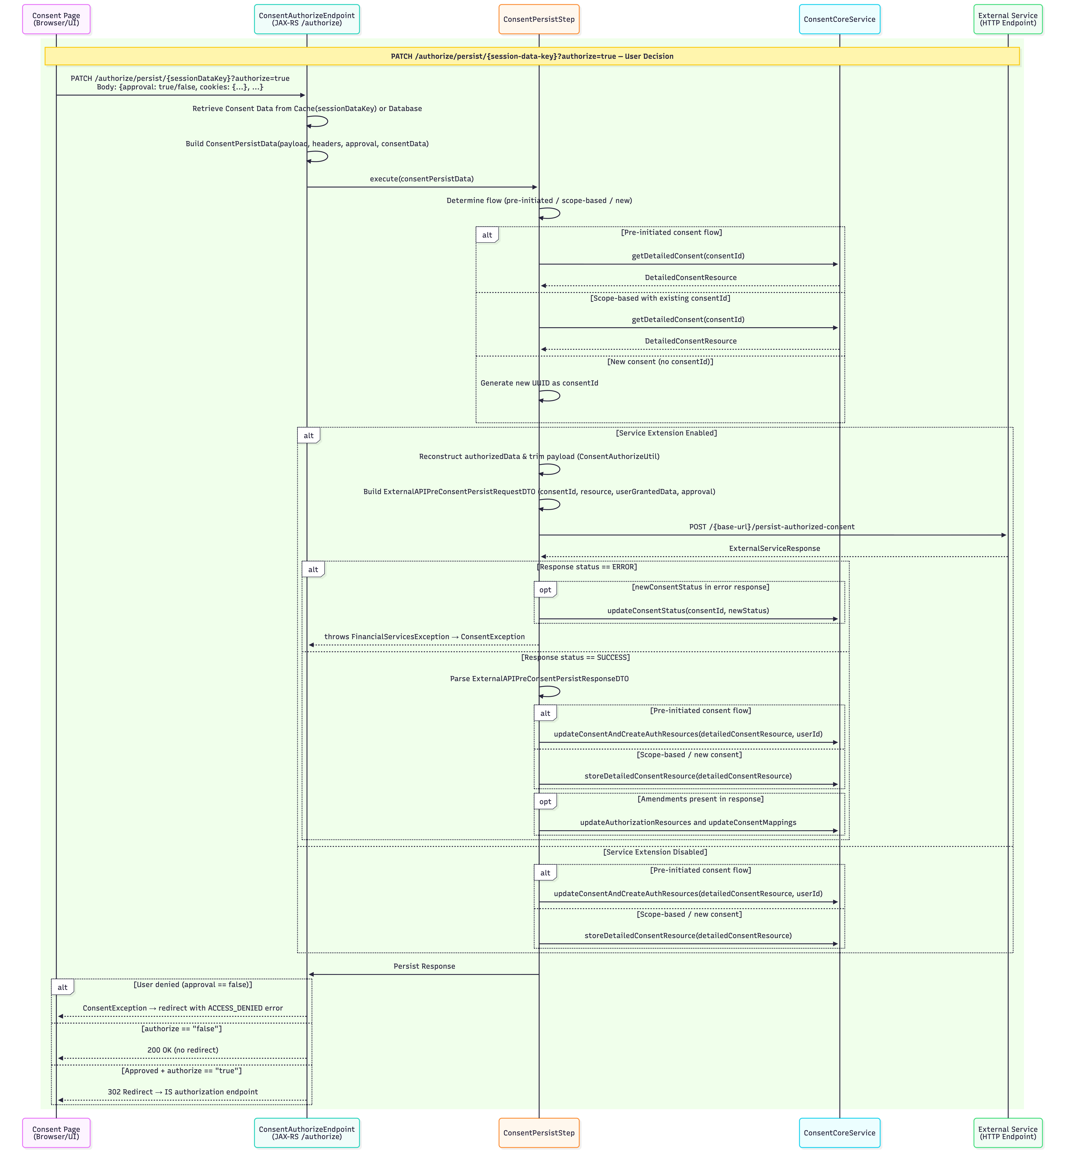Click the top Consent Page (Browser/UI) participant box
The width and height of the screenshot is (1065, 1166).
(56, 19)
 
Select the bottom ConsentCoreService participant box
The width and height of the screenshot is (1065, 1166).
(839, 1132)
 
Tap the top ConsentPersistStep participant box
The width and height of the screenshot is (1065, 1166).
(539, 19)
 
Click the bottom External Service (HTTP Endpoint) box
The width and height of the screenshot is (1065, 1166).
(1008, 1132)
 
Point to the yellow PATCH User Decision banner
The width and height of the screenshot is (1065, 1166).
(532, 56)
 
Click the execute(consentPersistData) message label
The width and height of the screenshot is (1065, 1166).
(422, 179)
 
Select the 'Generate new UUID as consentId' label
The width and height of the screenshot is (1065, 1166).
(539, 383)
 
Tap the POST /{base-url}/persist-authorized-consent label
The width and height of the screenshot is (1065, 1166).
(772, 527)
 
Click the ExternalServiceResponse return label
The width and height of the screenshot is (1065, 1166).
(774, 548)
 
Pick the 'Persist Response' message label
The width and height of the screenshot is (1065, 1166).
(424, 966)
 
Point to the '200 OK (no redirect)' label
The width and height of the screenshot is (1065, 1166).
(183, 1050)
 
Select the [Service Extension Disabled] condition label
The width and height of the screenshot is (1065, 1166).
(655, 852)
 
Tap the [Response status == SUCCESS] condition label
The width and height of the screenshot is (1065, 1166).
(576, 657)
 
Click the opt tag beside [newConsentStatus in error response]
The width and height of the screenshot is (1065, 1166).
(545, 589)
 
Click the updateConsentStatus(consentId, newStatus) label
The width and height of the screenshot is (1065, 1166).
(688, 610)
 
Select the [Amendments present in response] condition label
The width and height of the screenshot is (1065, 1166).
(701, 799)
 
